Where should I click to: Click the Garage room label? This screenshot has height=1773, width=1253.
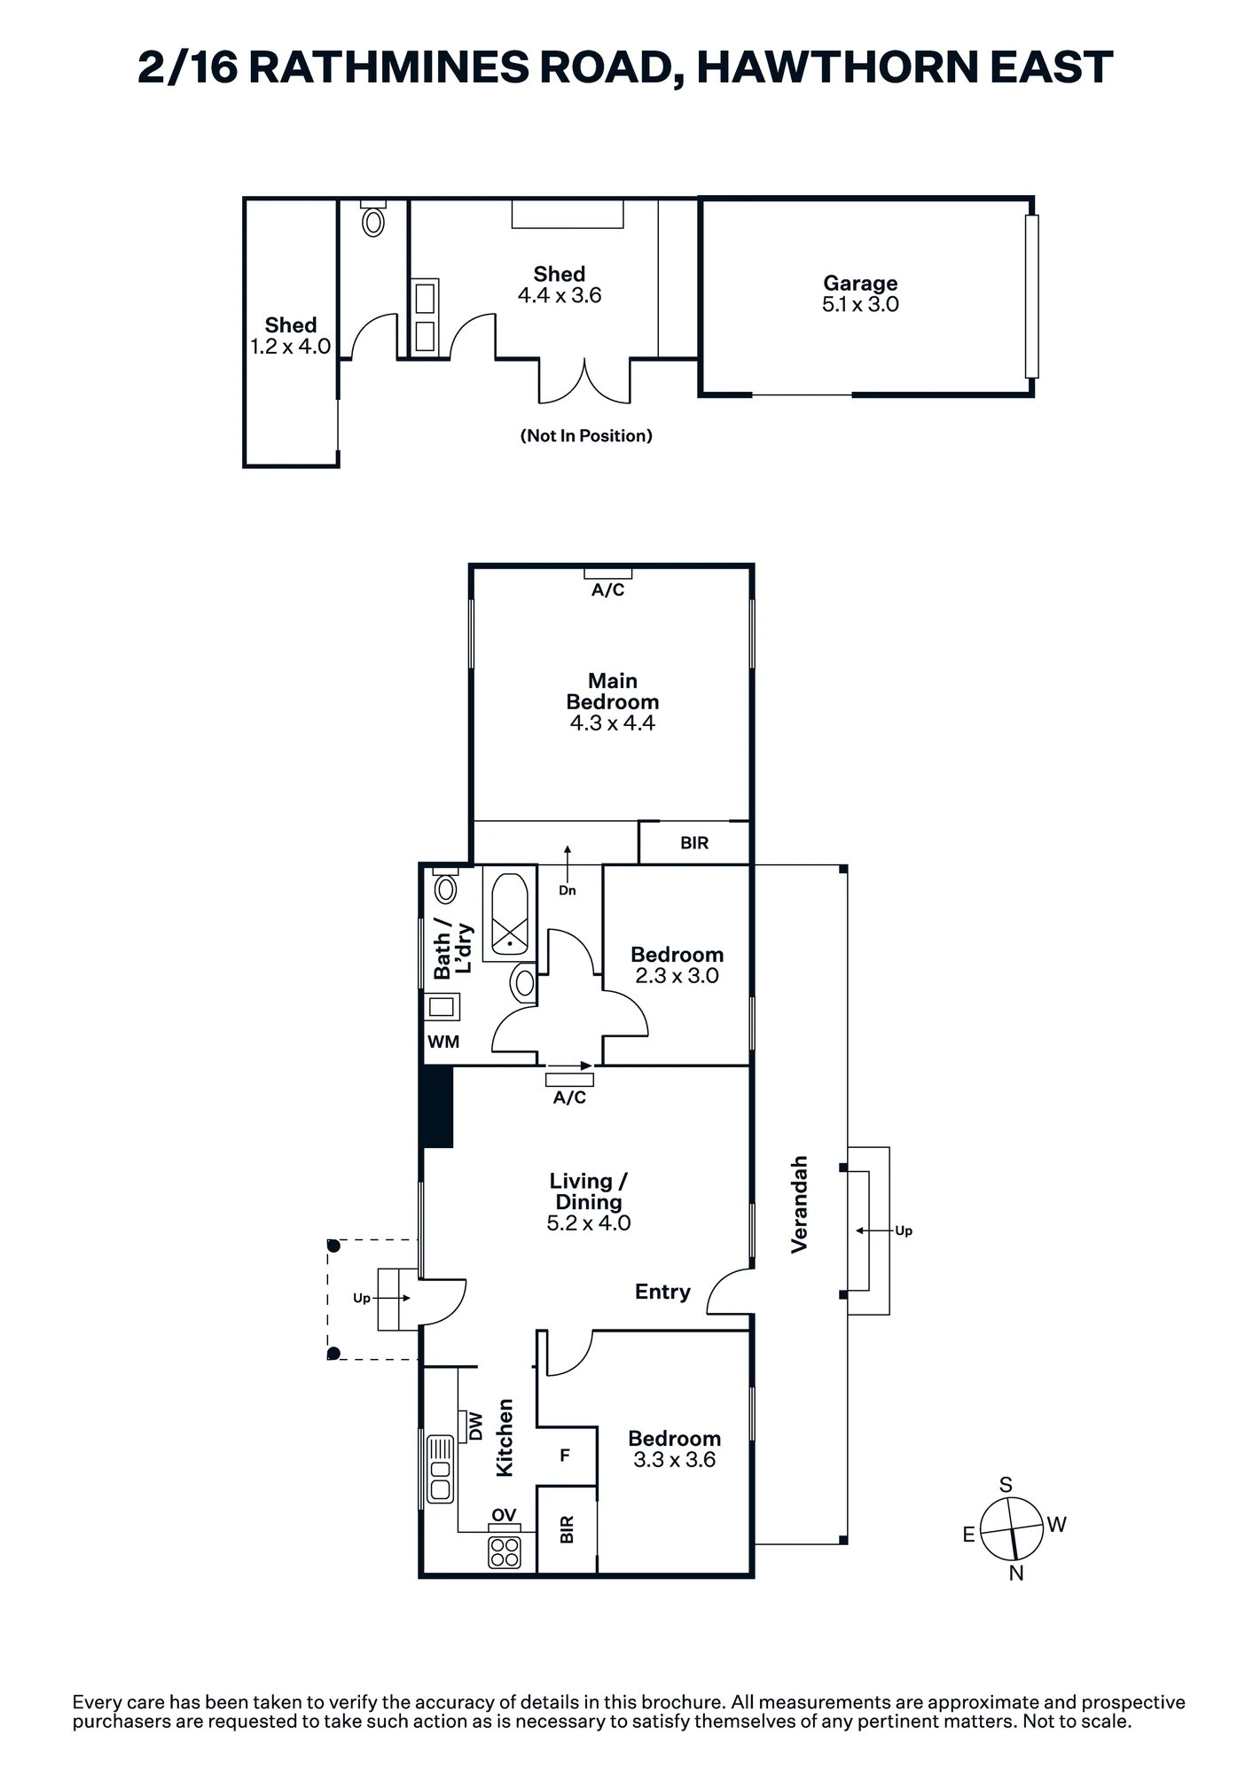click(860, 283)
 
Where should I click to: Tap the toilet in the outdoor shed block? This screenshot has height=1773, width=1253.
click(373, 218)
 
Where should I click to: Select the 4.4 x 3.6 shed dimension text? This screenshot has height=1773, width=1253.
click(560, 295)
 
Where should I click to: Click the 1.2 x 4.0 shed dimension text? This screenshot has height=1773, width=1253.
click(290, 347)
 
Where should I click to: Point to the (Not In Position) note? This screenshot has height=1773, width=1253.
click(586, 435)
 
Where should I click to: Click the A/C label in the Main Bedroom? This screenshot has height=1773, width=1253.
click(608, 590)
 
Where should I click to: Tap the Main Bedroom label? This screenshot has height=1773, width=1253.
click(613, 691)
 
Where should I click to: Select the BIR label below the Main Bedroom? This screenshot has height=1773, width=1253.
click(694, 843)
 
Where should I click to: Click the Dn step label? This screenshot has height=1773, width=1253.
click(568, 890)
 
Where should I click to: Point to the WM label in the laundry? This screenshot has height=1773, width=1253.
click(443, 1042)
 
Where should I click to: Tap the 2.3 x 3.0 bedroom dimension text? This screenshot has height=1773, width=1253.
click(677, 976)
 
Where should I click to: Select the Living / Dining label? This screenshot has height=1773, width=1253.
click(589, 1191)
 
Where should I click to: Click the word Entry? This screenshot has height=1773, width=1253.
click(662, 1292)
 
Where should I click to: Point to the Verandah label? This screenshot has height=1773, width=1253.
click(800, 1204)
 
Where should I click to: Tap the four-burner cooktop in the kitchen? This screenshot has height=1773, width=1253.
click(505, 1551)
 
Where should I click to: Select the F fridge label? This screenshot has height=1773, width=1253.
click(565, 1456)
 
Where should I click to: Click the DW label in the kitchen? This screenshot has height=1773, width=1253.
click(474, 1425)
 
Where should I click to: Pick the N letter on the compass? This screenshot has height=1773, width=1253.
click(1016, 1574)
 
